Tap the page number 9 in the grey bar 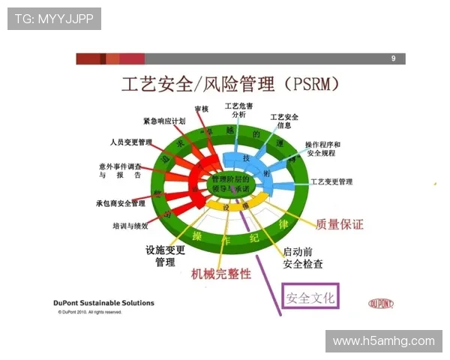pos(394,58)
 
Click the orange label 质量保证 pos(339,224)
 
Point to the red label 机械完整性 pos(221,274)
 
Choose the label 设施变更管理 pos(165,256)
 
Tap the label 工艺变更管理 pos(331,181)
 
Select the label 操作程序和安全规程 pos(322,148)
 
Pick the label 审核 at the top pos(200,109)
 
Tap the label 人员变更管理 pos(130,142)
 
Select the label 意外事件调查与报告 pos(120,170)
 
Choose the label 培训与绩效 pos(130,225)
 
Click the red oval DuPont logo pos(381,304)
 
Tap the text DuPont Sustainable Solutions pos(104,303)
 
